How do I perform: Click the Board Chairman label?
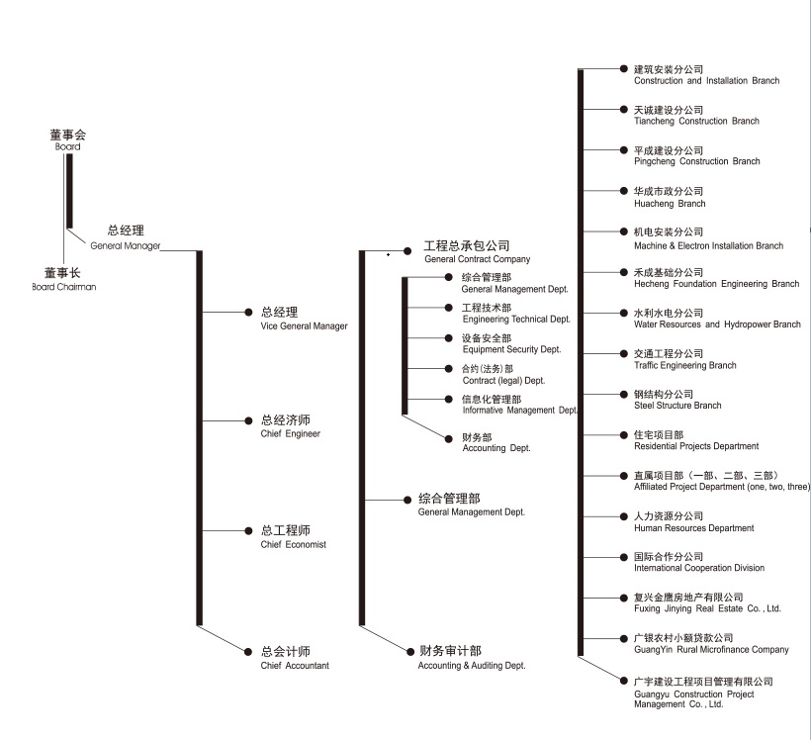[63, 279]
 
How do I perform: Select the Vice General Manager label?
[304, 319]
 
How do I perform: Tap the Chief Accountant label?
[295, 658]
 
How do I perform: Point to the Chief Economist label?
[293, 537]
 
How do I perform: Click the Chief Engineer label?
[290, 426]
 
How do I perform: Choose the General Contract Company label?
[477, 251]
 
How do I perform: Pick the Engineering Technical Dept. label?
[516, 314]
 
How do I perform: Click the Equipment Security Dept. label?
[511, 343]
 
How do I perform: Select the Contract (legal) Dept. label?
[503, 374]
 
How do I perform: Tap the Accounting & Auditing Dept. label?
[471, 658]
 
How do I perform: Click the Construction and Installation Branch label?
[706, 75]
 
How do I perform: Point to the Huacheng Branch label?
[670, 197]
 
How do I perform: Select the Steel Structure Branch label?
[677, 400]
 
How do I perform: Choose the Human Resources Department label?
[693, 522]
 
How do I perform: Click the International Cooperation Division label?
[698, 562]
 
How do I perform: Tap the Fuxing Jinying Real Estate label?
[707, 603]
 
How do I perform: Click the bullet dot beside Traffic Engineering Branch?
[623, 353]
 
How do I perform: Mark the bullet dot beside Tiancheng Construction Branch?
[623, 109]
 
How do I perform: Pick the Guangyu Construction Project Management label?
[702, 693]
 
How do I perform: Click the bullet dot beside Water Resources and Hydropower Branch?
[623, 313]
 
